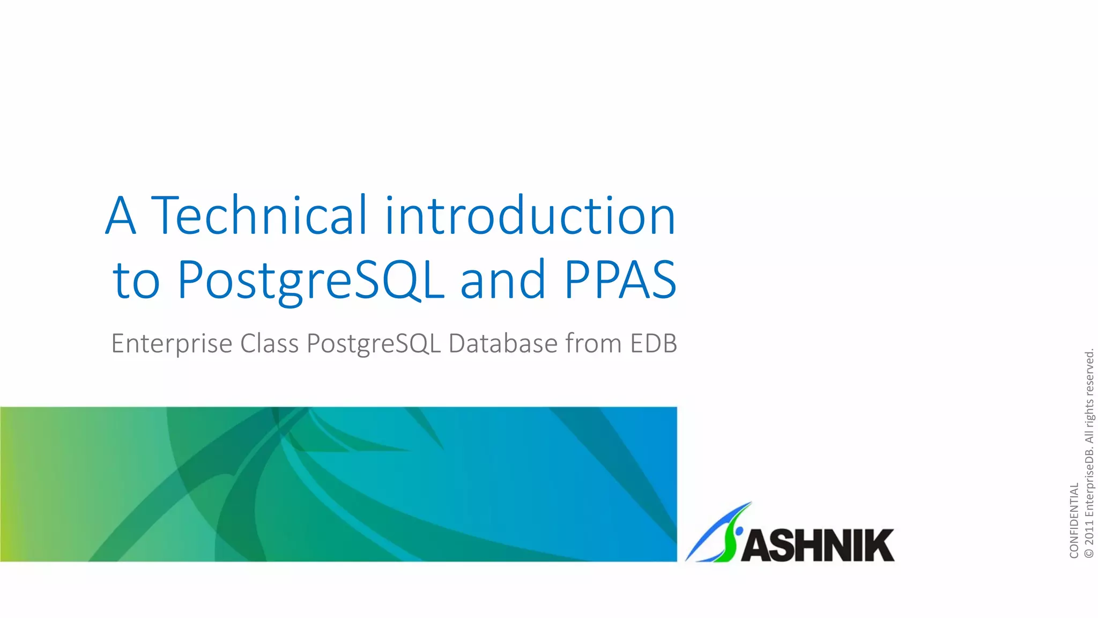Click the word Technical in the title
[x=259, y=215]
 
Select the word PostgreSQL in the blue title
[x=310, y=280]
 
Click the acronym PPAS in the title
[x=620, y=280]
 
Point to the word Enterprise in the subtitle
[x=172, y=344]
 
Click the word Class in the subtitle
[x=269, y=344]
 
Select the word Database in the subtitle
[x=503, y=344]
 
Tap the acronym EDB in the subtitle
[x=654, y=344]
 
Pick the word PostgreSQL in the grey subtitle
[x=373, y=344]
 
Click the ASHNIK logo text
[x=818, y=546]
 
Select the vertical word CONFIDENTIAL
[x=1074, y=520]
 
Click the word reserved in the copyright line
[x=1089, y=373]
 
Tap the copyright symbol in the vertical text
[x=1089, y=553]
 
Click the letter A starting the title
[x=121, y=215]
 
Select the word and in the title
[x=503, y=280]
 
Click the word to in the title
[x=136, y=280]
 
